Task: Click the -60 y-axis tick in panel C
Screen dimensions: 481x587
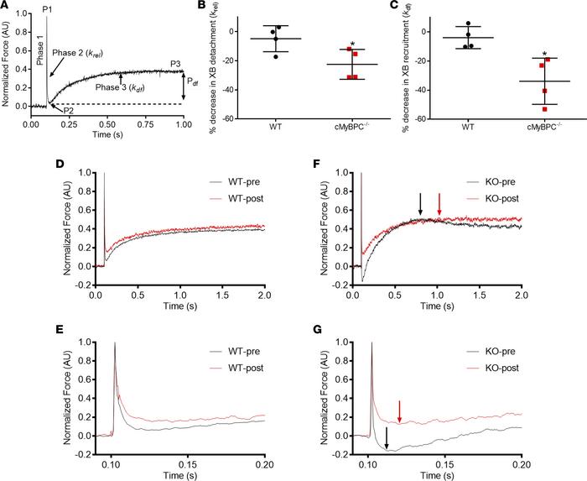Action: click(426, 119)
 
